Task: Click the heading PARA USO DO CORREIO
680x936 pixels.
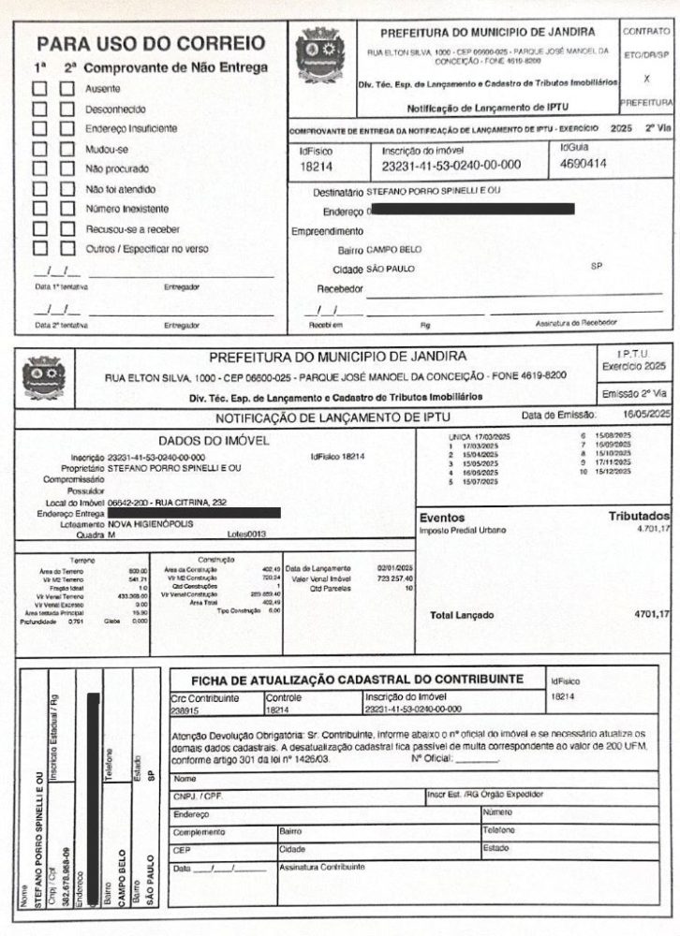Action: [x=150, y=44]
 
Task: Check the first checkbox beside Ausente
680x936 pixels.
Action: [x=40, y=89]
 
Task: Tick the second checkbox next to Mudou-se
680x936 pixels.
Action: [x=67, y=149]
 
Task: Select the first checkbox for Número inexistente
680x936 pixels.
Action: [x=40, y=209]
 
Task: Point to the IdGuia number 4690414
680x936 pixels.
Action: [x=583, y=164]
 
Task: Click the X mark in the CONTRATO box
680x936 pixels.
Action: [x=647, y=80]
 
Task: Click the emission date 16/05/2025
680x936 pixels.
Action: [x=647, y=414]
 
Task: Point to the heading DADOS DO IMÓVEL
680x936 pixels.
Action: [x=214, y=440]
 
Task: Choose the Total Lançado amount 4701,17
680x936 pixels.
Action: [x=652, y=614]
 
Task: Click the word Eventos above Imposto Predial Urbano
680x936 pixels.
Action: [x=442, y=517]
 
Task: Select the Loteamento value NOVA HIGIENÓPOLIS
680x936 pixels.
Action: [x=151, y=524]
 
